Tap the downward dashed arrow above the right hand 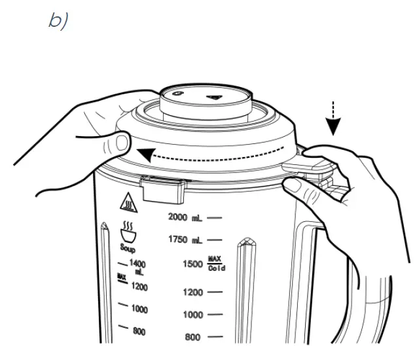point(334,118)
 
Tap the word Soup point(128,249)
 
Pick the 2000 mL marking point(187,216)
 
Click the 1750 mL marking point(187,240)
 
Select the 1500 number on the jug point(192,264)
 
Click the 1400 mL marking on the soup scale point(137,266)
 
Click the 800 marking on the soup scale point(139,332)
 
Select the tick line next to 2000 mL point(215,216)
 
